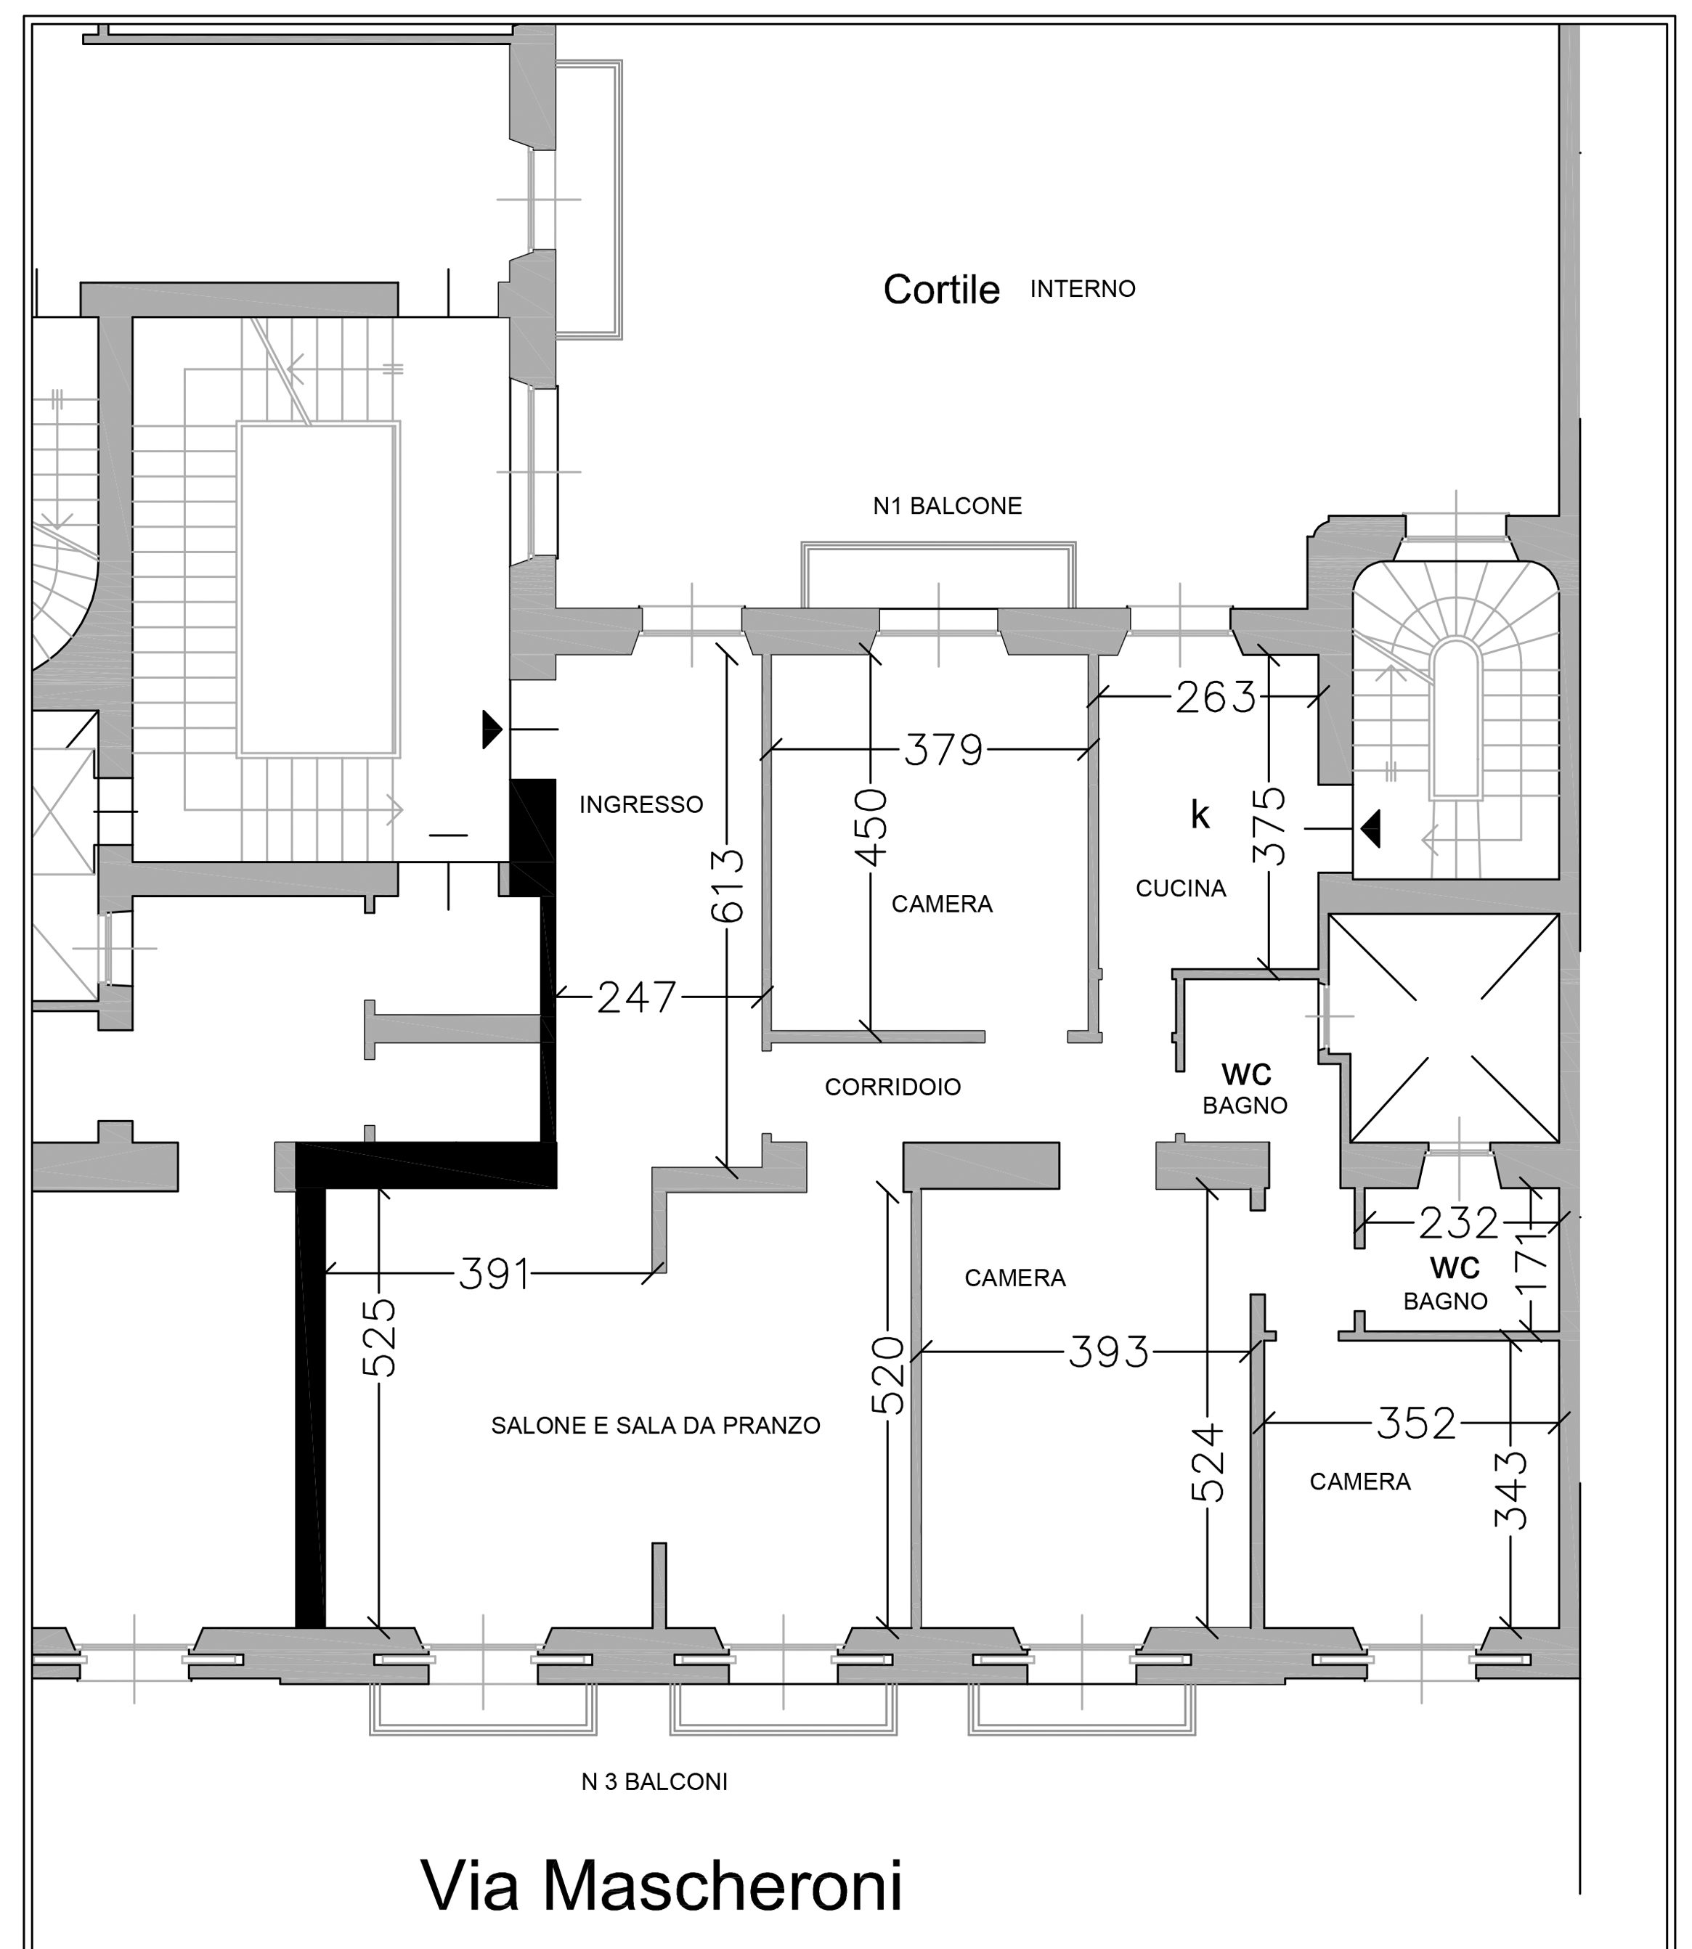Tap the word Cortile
coord(941,290)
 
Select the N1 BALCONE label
coord(947,506)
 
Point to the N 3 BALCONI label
coord(654,1782)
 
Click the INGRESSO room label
coord(641,804)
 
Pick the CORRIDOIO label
coord(892,1087)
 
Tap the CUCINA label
coord(1180,888)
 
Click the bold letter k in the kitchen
coord(1200,814)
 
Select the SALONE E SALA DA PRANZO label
coord(655,1425)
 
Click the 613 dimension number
coord(728,886)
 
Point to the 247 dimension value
coord(638,997)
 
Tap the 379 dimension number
coord(943,751)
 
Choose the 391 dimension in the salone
coord(494,1274)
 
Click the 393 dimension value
coord(1108,1352)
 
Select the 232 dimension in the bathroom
coord(1459,1224)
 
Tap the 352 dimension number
coord(1416,1423)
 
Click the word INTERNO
coord(1082,289)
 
